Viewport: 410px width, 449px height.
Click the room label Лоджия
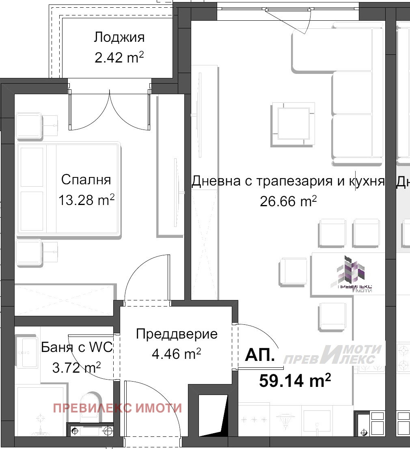coord(119,37)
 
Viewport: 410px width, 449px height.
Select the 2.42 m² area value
coord(119,57)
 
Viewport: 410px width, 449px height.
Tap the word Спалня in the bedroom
coord(86,179)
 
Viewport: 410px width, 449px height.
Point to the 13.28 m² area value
coord(86,200)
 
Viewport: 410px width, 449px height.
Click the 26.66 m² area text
coord(288,201)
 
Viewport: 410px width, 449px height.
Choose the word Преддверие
coord(177,334)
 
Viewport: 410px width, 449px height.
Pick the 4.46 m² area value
coord(176,354)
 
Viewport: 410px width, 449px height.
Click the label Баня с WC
coord(77,348)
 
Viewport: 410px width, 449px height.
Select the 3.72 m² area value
coord(76,368)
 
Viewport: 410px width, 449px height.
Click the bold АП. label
coord(260,356)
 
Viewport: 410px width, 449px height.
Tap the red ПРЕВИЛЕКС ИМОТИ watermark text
coord(117,408)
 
